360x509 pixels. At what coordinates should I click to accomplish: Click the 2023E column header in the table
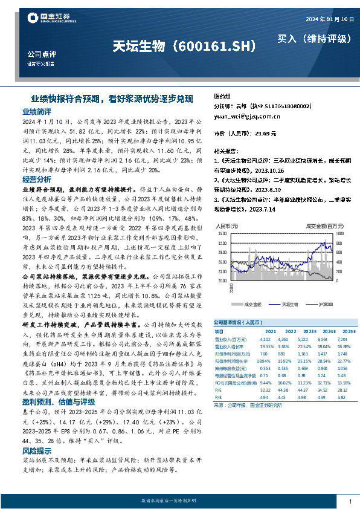tap(309, 331)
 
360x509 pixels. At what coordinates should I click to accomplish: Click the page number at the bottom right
tap(350, 502)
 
